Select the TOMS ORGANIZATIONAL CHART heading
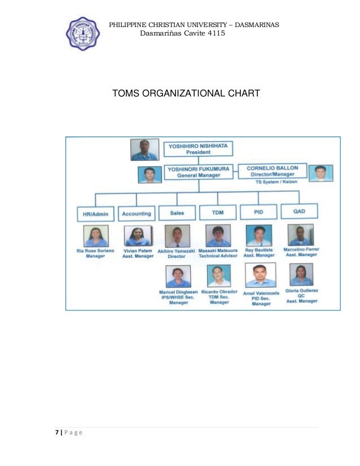tap(186, 93)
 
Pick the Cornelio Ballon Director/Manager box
tap(273, 171)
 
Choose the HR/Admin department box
tap(95, 214)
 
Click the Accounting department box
tap(137, 214)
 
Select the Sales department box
tap(177, 213)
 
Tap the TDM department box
tap(217, 213)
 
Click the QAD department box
tap(299, 212)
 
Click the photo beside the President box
tap(145, 150)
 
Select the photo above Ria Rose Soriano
tap(96, 236)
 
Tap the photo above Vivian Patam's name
tap(138, 236)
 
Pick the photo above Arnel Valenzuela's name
tap(260, 275)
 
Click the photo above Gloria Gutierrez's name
tap(300, 275)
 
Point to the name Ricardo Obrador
tap(219, 292)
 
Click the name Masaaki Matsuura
tap(218, 249)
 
